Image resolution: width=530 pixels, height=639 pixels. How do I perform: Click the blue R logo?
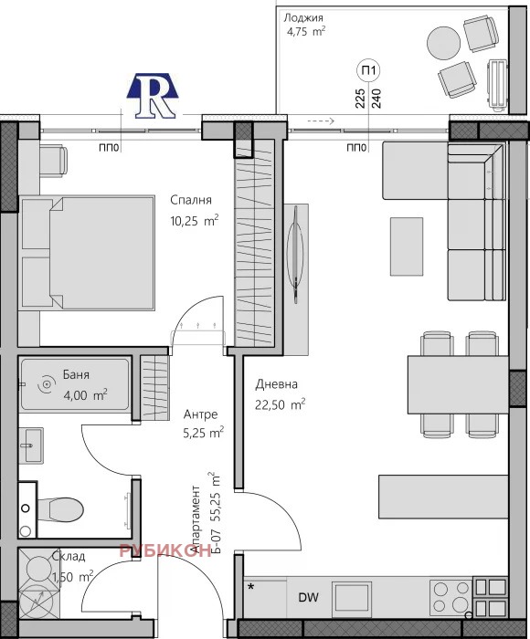tap(153, 96)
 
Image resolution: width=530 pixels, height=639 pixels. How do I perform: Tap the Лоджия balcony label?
tap(303, 18)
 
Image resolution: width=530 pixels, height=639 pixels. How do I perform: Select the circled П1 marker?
tap(368, 70)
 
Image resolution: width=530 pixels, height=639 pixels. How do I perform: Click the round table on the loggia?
tap(443, 43)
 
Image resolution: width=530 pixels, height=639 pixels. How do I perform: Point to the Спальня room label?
tap(191, 200)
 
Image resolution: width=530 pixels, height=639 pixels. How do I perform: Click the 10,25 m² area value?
tap(195, 221)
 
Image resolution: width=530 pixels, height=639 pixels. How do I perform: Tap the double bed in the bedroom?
tap(87, 253)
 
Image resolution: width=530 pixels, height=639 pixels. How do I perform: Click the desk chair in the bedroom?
tap(53, 160)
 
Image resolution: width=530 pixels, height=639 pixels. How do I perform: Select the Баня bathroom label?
tap(76, 375)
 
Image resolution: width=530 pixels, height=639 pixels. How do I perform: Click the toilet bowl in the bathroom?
tap(60, 509)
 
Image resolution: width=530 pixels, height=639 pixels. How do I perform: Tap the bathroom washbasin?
tap(31, 445)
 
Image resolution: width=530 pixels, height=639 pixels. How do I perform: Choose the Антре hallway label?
tap(200, 414)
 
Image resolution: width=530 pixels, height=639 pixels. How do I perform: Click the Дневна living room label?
tap(277, 384)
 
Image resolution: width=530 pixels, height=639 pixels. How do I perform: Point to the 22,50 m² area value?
tap(281, 404)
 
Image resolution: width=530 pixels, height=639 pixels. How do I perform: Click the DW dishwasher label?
tap(309, 598)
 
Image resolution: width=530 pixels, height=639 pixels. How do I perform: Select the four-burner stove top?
tap(450, 597)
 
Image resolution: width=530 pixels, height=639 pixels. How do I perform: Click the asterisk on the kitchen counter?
tap(251, 587)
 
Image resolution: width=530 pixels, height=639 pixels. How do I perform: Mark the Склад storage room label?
tap(69, 557)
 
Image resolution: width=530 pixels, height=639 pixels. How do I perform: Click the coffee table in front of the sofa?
tap(407, 246)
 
